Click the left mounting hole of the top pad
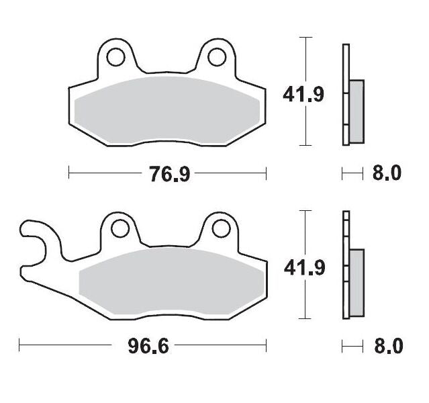click(116, 57)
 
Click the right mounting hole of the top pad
click(217, 57)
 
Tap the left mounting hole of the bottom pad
click(120, 229)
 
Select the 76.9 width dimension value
click(167, 174)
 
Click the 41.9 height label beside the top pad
click(303, 94)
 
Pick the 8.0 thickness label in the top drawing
click(386, 174)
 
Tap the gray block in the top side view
click(356, 111)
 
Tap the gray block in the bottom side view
click(356, 282)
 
